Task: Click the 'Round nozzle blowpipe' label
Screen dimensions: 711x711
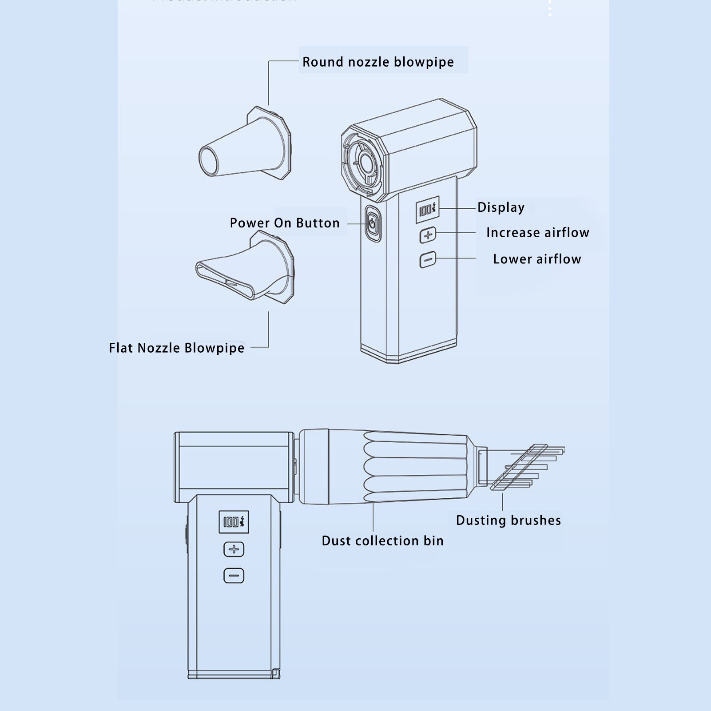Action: coord(378,62)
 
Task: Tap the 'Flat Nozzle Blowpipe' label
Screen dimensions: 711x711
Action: coord(176,348)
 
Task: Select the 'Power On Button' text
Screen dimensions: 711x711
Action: coord(285,223)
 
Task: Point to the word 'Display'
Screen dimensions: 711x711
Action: coord(501,207)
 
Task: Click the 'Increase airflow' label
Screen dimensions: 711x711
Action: coord(537,233)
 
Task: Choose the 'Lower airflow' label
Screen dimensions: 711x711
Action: coord(537,259)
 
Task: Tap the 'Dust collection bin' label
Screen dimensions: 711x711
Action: coord(382,541)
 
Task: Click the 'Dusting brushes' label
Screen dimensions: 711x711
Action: coord(508,520)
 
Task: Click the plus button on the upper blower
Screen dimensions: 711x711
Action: coord(428,235)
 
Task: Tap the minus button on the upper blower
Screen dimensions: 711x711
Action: coord(428,260)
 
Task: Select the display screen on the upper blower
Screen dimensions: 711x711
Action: coord(427,210)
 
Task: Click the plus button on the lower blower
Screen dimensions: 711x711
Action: coord(234,549)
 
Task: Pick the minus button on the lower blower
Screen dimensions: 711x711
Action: coord(234,576)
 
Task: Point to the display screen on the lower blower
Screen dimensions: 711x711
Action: coord(234,522)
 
